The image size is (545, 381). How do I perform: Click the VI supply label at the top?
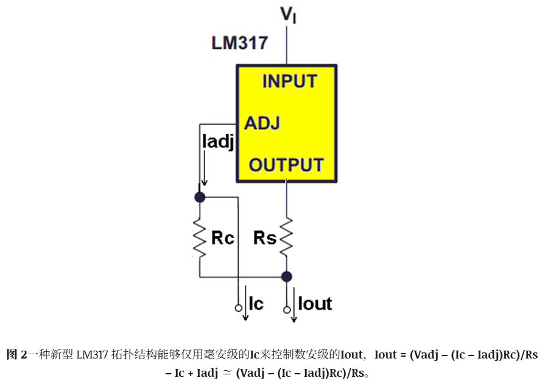tap(288, 15)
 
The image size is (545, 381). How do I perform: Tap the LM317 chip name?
tap(240, 43)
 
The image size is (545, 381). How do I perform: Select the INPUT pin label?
tap(289, 81)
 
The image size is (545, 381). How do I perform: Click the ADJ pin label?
tap(262, 123)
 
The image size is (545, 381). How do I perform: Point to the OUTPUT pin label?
tap(286, 165)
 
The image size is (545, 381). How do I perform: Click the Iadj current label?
tap(218, 142)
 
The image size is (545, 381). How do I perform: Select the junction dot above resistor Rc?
tap(200, 197)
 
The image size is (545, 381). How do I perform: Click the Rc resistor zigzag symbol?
tap(200, 238)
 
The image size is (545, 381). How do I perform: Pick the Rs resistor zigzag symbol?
tap(286, 238)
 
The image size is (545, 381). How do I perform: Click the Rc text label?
tap(223, 238)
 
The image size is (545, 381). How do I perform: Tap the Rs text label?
tap(265, 238)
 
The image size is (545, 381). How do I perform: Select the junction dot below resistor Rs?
tap(286, 276)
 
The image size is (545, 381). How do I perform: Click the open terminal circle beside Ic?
tap(239, 308)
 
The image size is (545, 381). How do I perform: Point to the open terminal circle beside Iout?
tap(287, 309)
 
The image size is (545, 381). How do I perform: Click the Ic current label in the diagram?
tap(256, 304)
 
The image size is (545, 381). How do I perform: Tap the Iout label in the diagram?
tap(315, 304)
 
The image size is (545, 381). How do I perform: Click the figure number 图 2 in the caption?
tap(16, 355)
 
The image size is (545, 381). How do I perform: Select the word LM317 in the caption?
tap(92, 355)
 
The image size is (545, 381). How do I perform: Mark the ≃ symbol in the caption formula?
tap(227, 373)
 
